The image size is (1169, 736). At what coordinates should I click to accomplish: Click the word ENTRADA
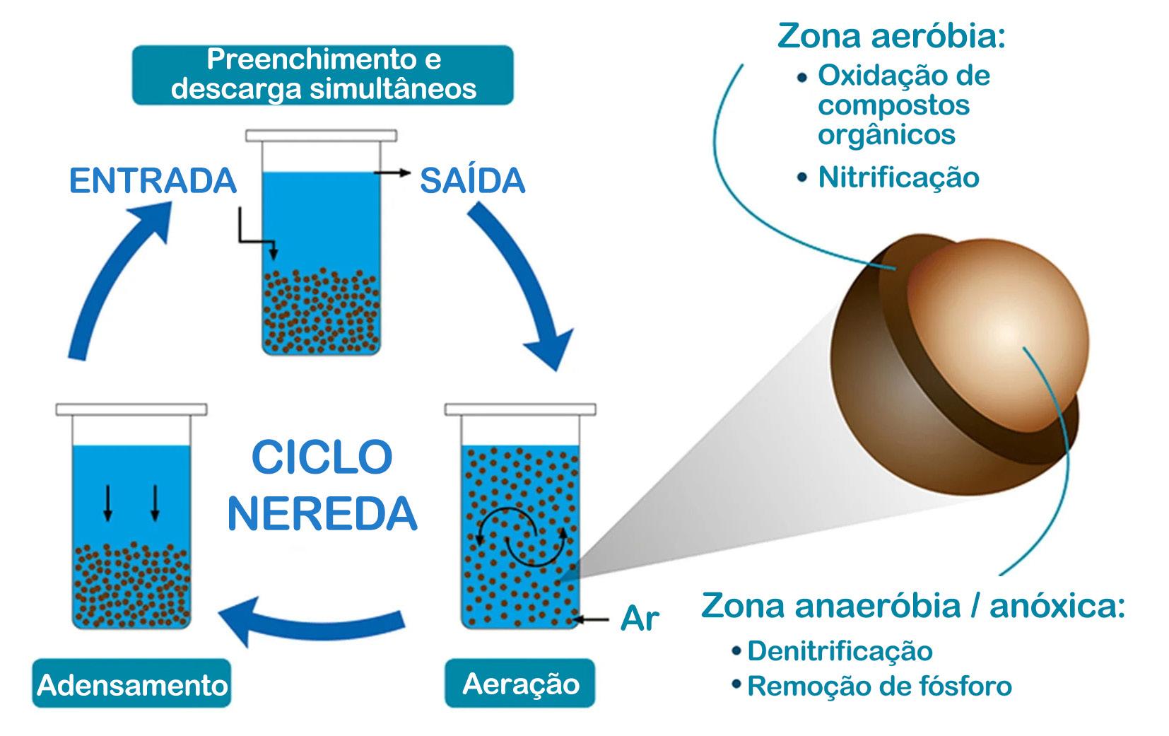click(153, 181)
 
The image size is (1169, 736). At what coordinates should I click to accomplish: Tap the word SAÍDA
click(472, 181)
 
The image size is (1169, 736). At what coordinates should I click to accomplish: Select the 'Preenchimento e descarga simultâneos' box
click(323, 74)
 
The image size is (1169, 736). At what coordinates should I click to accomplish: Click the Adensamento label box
click(131, 684)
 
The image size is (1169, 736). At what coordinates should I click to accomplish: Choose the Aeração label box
click(520, 683)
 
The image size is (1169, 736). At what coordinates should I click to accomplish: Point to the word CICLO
click(322, 458)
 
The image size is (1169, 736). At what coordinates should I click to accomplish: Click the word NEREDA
click(322, 514)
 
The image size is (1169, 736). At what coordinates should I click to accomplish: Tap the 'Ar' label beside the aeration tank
click(639, 619)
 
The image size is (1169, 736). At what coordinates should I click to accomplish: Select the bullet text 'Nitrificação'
click(898, 177)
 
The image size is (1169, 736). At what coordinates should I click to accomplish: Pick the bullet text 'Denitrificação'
click(839, 651)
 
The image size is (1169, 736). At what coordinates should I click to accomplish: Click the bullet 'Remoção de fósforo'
click(879, 686)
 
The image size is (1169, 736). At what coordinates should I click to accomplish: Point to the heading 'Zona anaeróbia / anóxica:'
click(912, 607)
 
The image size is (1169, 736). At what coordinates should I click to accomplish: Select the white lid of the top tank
click(321, 135)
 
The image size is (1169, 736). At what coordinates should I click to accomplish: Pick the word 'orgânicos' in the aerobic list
click(886, 134)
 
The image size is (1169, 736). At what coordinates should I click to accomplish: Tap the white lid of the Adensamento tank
click(131, 409)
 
